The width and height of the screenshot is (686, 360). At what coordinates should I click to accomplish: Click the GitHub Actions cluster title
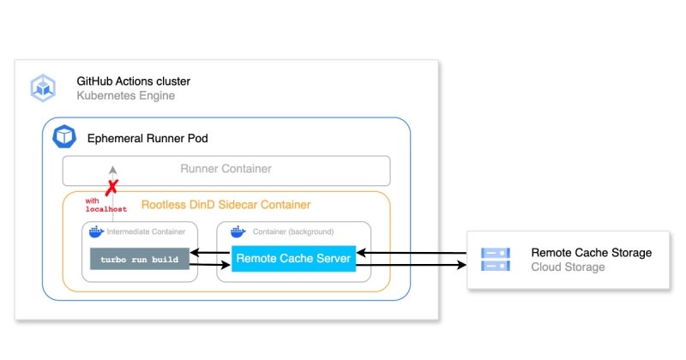pos(134,81)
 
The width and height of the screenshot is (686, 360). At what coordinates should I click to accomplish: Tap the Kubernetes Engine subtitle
pos(125,96)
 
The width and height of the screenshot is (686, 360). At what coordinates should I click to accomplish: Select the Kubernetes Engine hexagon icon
pos(43,88)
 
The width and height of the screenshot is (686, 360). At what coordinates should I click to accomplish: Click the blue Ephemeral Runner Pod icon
pos(64,136)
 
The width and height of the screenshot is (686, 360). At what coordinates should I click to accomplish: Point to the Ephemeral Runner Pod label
pos(147,139)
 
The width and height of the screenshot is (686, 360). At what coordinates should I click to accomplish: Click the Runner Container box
pos(226,171)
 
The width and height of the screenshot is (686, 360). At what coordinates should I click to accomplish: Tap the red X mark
pos(112,187)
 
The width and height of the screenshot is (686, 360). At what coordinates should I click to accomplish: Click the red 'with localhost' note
pos(105,205)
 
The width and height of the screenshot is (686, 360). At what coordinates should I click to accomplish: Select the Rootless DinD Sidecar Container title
pos(226,205)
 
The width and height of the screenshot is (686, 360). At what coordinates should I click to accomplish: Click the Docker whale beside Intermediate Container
pos(96,231)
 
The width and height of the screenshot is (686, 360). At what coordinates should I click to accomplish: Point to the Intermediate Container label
pos(146,231)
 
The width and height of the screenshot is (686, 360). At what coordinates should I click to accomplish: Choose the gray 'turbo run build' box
pos(140,259)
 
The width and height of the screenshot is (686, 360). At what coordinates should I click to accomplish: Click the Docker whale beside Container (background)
pos(238,231)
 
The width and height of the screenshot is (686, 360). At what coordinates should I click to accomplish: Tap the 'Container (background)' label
pos(293,231)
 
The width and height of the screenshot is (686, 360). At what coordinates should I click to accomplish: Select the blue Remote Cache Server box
pos(293,259)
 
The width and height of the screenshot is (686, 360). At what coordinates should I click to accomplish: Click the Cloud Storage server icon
pos(496,260)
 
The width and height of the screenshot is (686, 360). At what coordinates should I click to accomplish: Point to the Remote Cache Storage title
pos(592,253)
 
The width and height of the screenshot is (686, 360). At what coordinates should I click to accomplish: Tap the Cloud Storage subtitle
pos(568,267)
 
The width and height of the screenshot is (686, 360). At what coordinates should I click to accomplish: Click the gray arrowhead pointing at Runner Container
pos(113,170)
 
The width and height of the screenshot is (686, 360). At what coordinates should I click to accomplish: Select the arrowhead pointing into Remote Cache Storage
pos(462,265)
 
